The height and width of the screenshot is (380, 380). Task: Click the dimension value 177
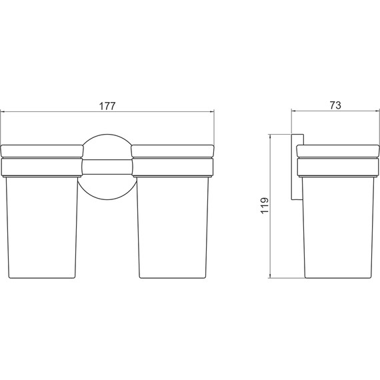tap(107, 106)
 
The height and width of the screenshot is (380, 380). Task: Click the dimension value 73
tap(335, 105)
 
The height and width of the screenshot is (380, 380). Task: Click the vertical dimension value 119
tap(265, 205)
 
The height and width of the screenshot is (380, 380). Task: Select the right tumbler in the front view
tap(173, 227)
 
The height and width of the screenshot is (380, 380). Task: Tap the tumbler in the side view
tap(338, 227)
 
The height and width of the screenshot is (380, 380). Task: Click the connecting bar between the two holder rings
tap(107, 167)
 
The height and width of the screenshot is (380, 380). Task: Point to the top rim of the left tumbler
tap(42, 151)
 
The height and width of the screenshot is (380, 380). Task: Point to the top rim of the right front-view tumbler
tap(173, 151)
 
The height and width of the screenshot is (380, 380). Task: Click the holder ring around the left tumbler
tap(42, 167)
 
